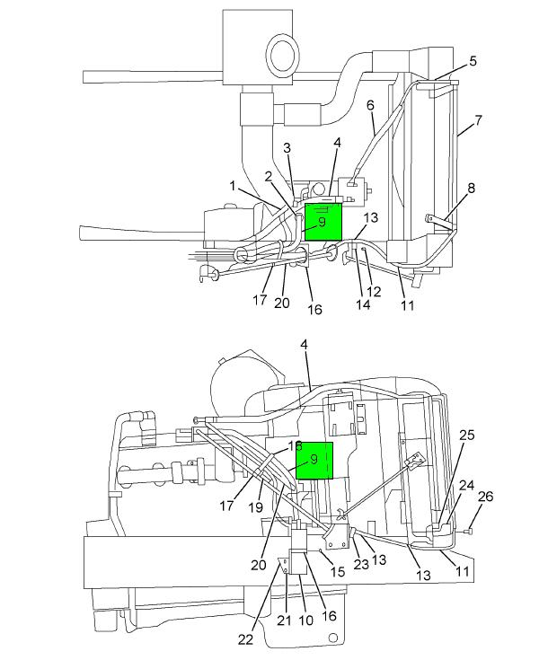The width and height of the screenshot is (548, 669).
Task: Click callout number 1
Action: pos(233,186)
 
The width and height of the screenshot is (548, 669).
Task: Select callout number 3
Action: pos(287,148)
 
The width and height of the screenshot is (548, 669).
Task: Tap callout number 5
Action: pos(473,61)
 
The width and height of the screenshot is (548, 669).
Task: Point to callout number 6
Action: pos(370,105)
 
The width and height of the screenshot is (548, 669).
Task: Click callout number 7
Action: pos(479,120)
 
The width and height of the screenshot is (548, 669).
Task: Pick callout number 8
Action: pos(471,189)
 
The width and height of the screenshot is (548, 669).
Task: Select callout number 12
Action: pos(374,292)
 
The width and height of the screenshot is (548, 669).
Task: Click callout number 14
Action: pos(363,304)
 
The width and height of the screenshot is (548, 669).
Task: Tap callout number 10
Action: pos(306,620)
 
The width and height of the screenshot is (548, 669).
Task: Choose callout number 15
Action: pos(338,571)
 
